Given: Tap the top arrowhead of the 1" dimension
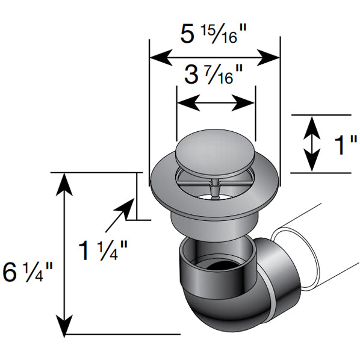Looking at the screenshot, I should click(311, 123).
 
